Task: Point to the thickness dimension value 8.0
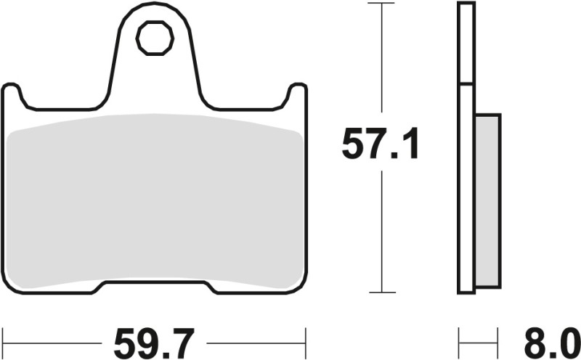[x=548, y=337]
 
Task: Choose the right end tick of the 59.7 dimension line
[x=306, y=337]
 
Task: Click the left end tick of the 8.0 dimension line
[x=459, y=337]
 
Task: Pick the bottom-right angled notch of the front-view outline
[x=212, y=287]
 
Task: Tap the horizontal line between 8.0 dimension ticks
[x=479, y=337]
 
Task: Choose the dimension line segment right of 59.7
[x=254, y=337]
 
